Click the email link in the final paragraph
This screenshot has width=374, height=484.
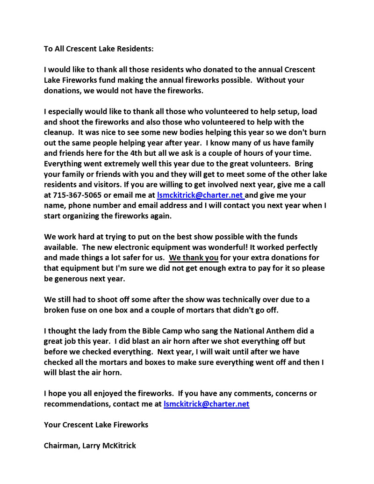(x=206, y=404)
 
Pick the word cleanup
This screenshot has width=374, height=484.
(x=58, y=132)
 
